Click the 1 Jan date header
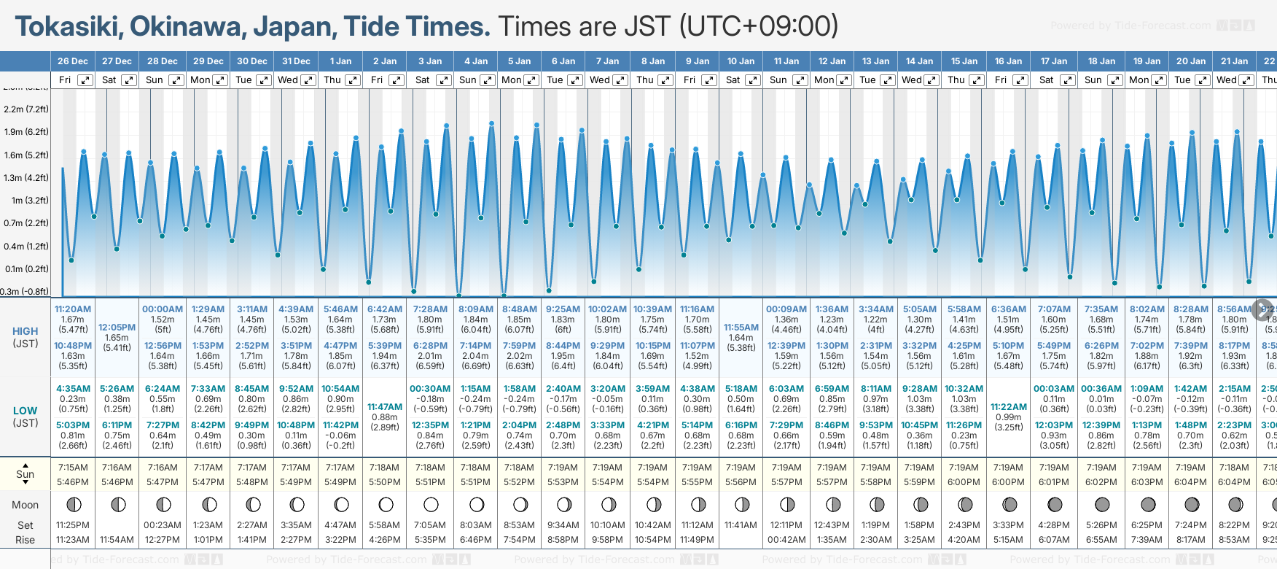click(x=340, y=61)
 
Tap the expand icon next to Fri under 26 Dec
click(x=85, y=80)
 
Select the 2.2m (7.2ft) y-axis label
click(x=26, y=109)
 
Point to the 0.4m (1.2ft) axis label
click(x=26, y=247)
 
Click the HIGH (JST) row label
click(x=26, y=337)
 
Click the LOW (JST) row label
click(x=26, y=417)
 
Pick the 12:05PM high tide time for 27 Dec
click(x=117, y=328)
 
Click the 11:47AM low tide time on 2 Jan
click(x=385, y=407)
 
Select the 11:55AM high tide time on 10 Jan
click(x=741, y=328)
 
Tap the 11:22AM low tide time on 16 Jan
click(x=1009, y=407)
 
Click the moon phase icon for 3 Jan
click(x=431, y=504)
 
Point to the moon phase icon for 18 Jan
click(x=1102, y=504)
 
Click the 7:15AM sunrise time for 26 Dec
click(x=73, y=468)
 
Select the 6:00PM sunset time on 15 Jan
click(x=964, y=482)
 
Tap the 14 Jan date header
click(x=920, y=61)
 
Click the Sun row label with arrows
click(x=26, y=474)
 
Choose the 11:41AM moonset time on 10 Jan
click(x=741, y=525)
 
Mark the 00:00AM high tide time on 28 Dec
click(x=163, y=309)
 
